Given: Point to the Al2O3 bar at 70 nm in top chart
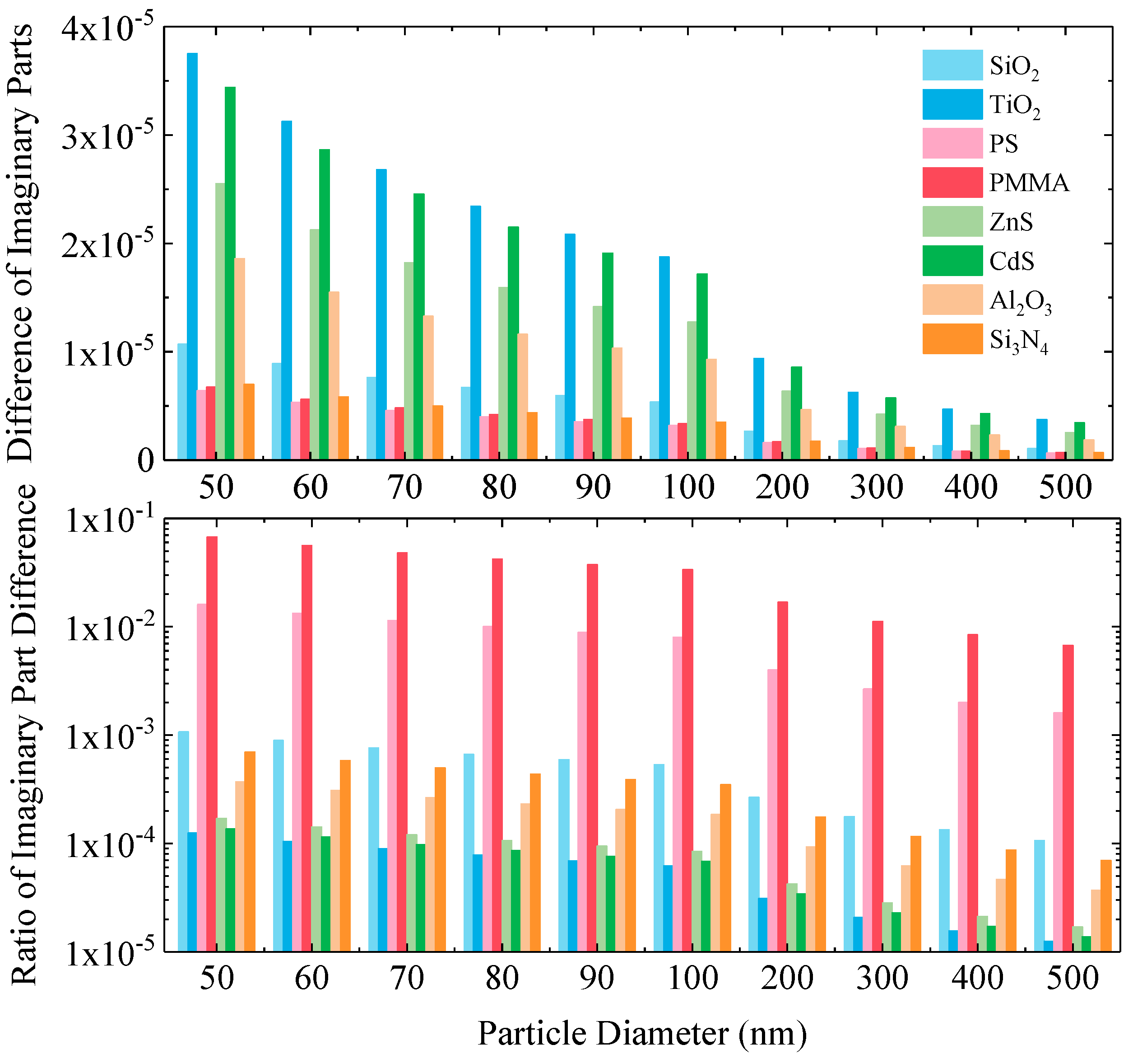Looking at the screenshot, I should (x=428, y=387).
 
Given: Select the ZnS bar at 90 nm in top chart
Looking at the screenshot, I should (x=597, y=383).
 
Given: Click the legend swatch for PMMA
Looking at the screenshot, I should (x=952, y=183).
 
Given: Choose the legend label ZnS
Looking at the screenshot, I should (x=1011, y=222).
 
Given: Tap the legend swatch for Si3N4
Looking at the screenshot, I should (x=952, y=339).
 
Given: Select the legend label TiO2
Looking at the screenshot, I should (x=1014, y=106).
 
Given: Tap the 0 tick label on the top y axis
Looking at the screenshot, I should (x=146, y=461).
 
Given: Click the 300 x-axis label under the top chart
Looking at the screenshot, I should (x=877, y=487).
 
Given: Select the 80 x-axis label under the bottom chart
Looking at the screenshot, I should (x=502, y=978).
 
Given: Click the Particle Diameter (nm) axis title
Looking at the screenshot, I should (x=642, y=1033).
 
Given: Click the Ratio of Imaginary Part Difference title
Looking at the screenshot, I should (x=24, y=736).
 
